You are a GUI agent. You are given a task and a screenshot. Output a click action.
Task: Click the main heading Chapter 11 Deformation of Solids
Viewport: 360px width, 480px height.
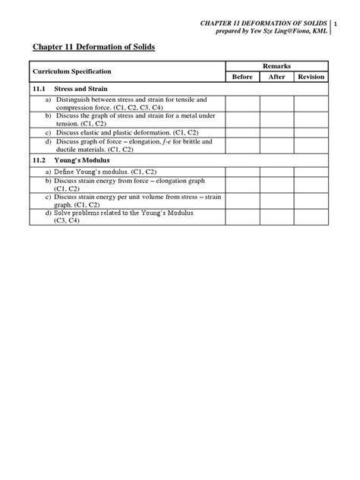tap(93, 47)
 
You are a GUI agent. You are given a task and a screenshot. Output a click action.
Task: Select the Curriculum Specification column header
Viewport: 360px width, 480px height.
tap(71, 71)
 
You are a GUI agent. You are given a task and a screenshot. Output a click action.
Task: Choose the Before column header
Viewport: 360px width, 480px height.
tap(242, 77)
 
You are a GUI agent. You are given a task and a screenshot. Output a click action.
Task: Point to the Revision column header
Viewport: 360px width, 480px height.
tap(311, 77)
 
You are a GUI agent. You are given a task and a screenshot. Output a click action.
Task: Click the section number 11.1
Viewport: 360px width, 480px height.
tap(39, 89)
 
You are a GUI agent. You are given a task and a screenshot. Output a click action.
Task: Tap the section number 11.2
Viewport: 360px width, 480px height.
tap(39, 161)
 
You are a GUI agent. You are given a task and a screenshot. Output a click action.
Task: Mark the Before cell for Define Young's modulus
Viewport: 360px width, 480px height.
tap(242, 172)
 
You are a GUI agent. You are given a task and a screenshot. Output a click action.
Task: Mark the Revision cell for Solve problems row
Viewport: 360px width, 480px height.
tap(311, 218)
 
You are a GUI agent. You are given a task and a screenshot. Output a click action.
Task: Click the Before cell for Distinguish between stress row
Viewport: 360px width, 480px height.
tap(242, 103)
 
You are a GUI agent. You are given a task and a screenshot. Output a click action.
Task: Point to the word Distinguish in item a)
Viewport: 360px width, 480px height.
tap(72, 99)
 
